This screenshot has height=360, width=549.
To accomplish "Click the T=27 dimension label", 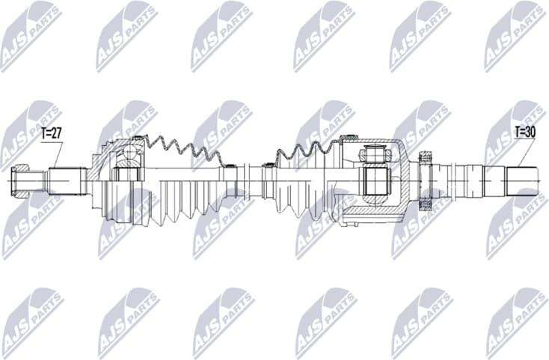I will click(51, 135).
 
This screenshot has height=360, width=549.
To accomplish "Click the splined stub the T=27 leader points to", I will click(66, 180).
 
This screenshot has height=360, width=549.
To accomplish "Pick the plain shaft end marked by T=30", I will click(521, 180).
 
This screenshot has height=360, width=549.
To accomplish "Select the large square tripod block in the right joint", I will click(374, 180).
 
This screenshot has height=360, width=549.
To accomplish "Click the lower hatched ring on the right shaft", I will click(427, 202).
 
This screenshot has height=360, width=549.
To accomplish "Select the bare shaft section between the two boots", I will click(251, 180).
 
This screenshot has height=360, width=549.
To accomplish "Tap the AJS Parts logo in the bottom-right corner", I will click(516, 322).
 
